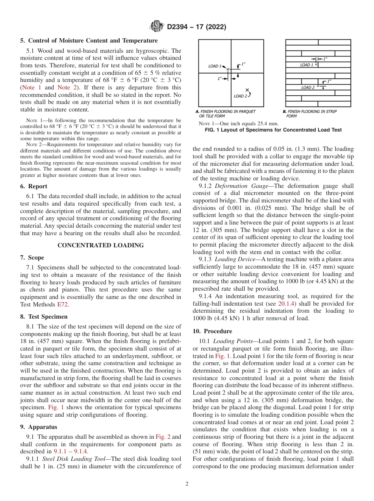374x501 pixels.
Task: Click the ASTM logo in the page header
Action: click(x=157, y=27)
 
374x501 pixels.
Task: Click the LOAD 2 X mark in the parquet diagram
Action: click(x=247, y=90)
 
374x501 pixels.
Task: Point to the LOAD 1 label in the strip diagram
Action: click(x=307, y=65)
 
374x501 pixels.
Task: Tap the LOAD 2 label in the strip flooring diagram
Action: click(x=308, y=87)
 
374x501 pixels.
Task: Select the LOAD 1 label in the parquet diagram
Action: click(x=215, y=66)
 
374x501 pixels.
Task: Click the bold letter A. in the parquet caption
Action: click(x=197, y=111)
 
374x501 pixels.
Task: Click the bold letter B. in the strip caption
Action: click(x=284, y=111)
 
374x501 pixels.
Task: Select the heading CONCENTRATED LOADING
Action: click(x=101, y=245)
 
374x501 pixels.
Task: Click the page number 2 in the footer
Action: click(x=187, y=484)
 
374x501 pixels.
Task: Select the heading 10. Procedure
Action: click(x=212, y=331)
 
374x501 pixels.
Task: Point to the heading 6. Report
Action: click(x=33, y=186)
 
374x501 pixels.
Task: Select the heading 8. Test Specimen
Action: click(x=44, y=316)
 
